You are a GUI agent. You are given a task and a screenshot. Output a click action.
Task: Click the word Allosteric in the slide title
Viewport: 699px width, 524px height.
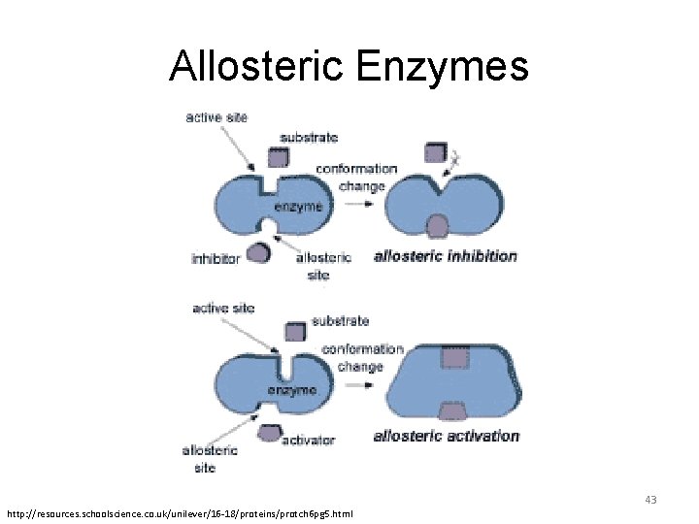[256, 66]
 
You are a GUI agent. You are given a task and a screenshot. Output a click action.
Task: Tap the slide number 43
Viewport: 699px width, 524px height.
[650, 500]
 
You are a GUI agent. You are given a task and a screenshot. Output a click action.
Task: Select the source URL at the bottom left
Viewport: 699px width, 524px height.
[181, 511]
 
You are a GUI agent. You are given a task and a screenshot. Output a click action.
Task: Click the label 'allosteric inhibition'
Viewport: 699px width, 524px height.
[446, 257]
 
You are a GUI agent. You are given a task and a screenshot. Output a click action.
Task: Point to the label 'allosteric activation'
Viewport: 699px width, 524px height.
[447, 436]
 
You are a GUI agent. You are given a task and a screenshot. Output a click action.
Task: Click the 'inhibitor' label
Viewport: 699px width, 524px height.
[216, 259]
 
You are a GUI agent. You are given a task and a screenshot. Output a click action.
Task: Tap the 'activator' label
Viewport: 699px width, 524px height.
[308, 440]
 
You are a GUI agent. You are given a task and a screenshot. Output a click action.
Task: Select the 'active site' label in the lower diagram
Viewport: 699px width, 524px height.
[223, 309]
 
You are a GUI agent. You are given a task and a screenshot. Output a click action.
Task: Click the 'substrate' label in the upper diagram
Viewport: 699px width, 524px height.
[309, 138]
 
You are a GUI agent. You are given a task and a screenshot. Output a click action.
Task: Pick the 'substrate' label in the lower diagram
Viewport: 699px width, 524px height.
[340, 320]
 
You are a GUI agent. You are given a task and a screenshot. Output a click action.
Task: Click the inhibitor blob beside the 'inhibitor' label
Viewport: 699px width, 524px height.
[258, 253]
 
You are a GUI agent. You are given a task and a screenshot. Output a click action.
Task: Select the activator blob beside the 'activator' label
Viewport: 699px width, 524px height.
[269, 432]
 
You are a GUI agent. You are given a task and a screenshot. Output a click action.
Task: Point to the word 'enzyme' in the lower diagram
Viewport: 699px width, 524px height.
[292, 390]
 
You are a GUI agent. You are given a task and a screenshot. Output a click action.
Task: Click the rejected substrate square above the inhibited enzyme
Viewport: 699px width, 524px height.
[436, 151]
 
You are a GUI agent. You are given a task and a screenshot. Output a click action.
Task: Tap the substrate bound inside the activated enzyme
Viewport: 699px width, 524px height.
[452, 359]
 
